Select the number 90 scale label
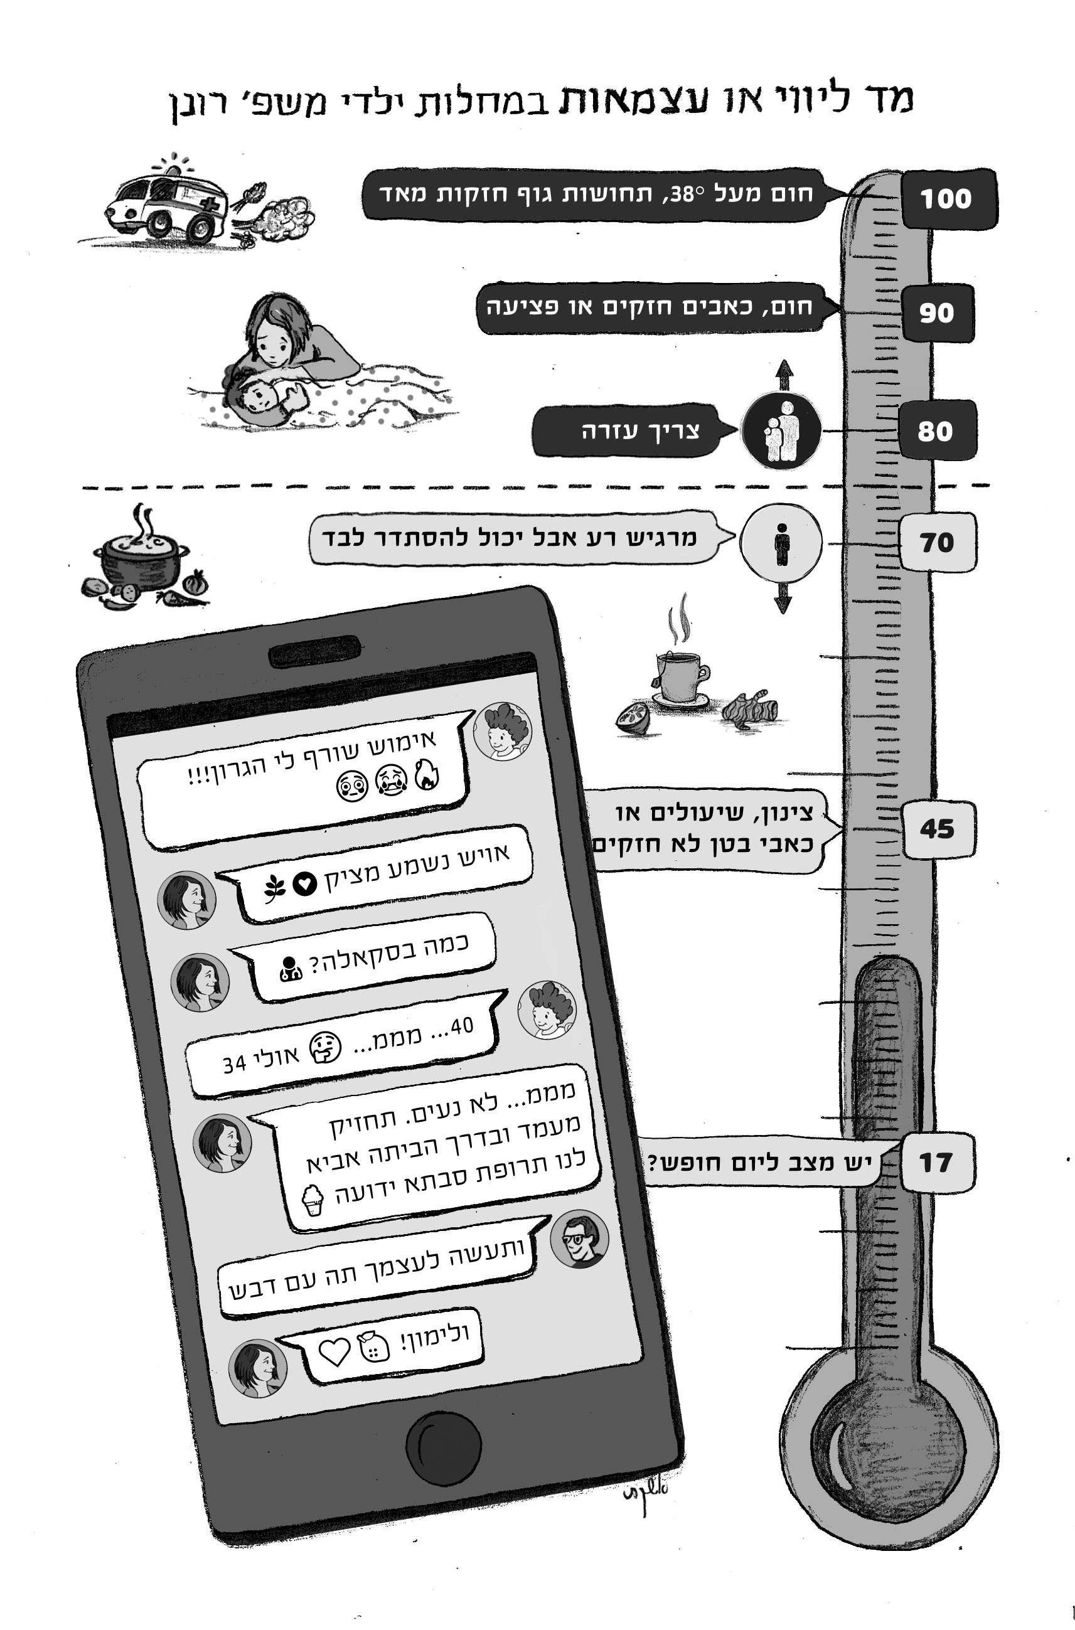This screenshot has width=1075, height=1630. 936,312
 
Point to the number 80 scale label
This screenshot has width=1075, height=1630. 936,430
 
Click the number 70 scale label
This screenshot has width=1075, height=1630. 936,542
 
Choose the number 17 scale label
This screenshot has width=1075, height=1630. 936,1163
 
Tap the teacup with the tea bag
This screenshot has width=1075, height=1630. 679,675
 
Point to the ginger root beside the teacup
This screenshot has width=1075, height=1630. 751,710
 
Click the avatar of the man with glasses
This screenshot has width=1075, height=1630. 579,1238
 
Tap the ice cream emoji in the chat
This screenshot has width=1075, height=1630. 313,1200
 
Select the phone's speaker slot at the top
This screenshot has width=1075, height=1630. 314,651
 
